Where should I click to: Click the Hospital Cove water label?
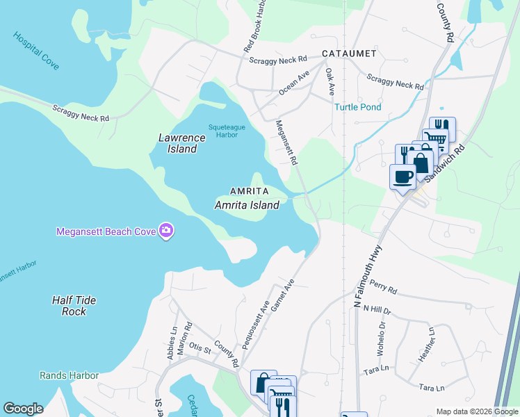click(35, 50)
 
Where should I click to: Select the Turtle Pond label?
click(357, 107)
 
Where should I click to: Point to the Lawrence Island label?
click(182, 143)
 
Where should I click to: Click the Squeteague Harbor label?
click(224, 131)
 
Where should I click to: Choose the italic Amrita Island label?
click(247, 205)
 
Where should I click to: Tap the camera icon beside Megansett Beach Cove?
click(166, 231)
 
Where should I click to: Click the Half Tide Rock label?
click(74, 306)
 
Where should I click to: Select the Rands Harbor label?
click(69, 375)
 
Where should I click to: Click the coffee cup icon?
click(403, 177)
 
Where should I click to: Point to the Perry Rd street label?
click(383, 286)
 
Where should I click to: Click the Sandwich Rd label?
click(445, 164)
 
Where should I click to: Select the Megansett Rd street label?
click(286, 142)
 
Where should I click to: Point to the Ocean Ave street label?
click(294, 82)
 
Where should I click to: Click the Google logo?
click(23, 409)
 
